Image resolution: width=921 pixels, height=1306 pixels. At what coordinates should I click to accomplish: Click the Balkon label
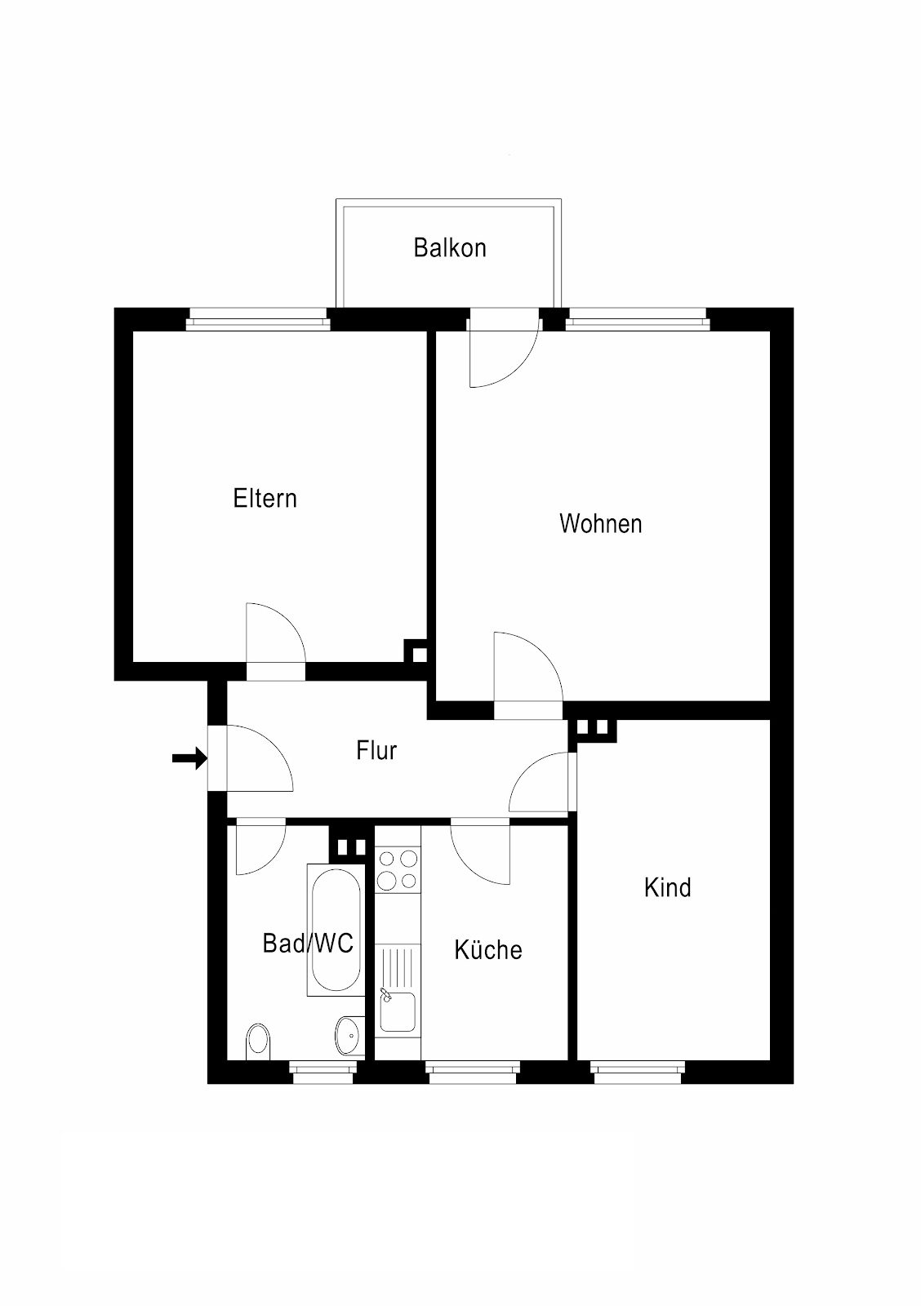click(450, 248)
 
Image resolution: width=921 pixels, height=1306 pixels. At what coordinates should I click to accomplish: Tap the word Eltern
click(265, 499)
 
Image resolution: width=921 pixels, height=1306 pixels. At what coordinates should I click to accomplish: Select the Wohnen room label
click(600, 523)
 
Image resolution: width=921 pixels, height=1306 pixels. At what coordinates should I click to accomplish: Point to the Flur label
click(376, 750)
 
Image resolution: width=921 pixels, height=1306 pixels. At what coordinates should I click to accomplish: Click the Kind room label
click(667, 887)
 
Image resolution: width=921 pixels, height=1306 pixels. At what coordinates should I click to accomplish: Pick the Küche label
click(488, 950)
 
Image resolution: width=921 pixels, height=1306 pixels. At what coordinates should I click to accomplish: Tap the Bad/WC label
click(308, 944)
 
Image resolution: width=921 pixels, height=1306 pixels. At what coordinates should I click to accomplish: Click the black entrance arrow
click(189, 758)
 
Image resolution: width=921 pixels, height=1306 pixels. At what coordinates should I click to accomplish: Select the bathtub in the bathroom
click(336, 930)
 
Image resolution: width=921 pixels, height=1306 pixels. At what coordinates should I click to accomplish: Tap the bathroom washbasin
click(349, 1036)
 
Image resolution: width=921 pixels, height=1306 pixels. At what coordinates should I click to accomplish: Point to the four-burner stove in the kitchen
click(398, 869)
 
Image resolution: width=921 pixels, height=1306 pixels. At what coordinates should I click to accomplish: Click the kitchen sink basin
click(398, 1011)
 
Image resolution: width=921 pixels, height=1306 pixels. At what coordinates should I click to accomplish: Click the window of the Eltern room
click(258, 319)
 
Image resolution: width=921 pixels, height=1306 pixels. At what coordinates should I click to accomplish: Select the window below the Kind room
click(638, 1072)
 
